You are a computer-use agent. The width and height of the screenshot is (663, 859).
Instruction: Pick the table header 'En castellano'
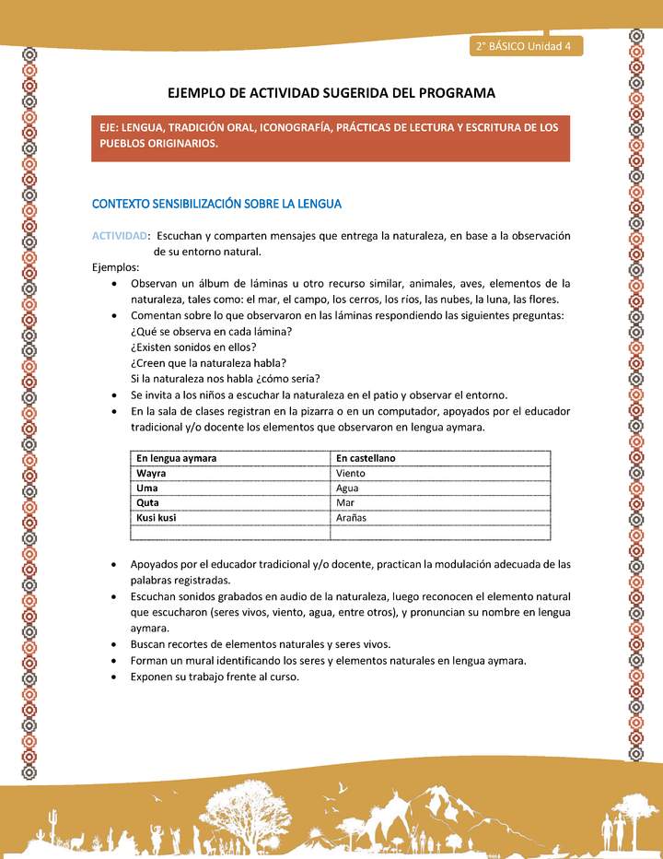[366, 458]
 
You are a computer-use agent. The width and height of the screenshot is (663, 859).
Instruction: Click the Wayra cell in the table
[151, 473]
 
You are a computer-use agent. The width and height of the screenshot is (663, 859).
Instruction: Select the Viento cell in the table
[351, 473]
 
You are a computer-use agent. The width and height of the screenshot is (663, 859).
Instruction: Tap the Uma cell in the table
[147, 488]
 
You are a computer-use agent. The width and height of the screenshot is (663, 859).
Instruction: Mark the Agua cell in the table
[348, 488]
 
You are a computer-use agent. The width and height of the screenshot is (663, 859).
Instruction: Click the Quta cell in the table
[148, 502]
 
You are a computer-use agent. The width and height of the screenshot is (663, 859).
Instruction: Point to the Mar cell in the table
[345, 502]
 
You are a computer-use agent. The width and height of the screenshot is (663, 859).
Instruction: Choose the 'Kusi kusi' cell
[157, 518]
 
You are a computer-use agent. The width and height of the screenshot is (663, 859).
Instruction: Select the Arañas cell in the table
[352, 518]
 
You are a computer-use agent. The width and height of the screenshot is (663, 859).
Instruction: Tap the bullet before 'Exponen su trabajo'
[112, 677]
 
